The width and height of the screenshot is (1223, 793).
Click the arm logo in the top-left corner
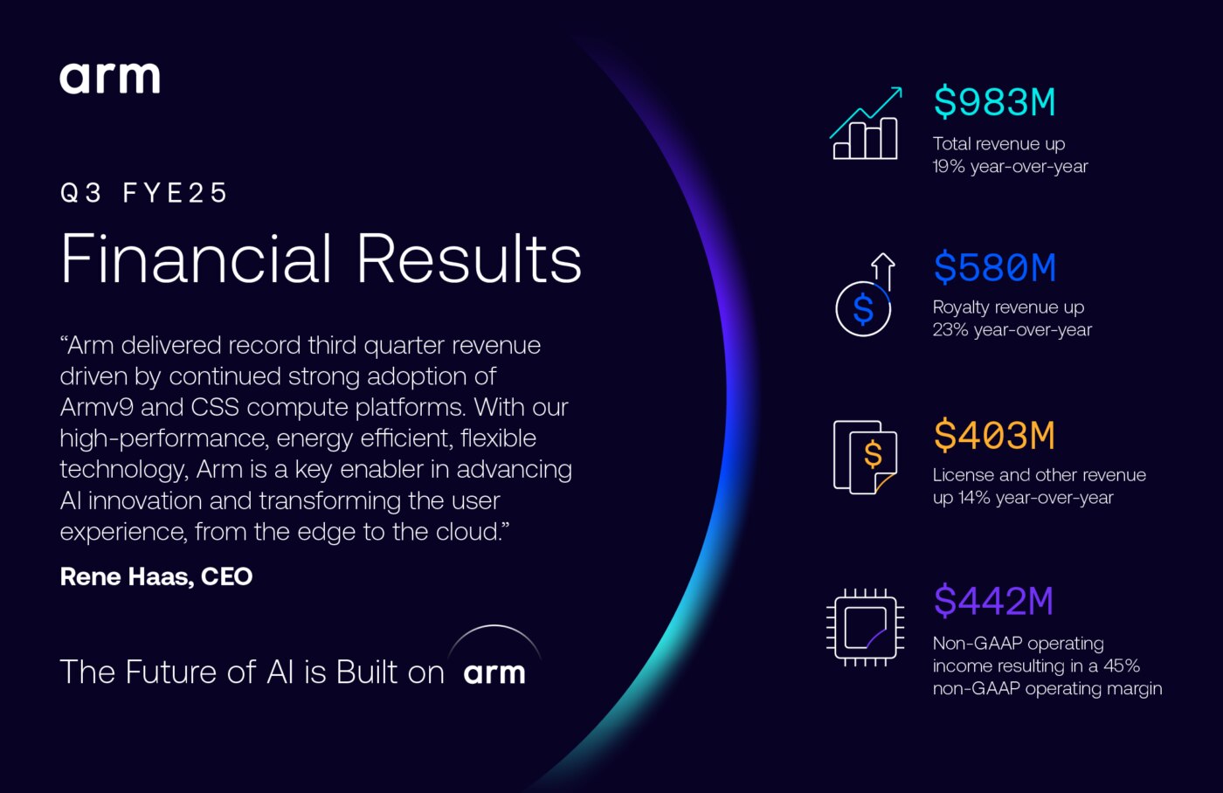coord(110,78)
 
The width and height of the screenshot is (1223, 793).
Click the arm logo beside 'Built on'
coord(494,672)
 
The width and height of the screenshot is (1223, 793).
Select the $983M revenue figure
coord(994,102)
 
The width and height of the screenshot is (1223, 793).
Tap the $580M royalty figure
coord(994,267)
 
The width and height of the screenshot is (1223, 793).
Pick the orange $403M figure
coord(994,435)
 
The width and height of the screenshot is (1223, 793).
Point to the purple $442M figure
coord(993,601)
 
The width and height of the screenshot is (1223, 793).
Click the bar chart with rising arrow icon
coord(866,124)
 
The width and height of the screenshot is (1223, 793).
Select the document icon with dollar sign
coord(866,457)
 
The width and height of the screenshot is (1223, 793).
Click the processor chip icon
coord(866,626)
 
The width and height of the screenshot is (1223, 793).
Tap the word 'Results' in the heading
coord(469,259)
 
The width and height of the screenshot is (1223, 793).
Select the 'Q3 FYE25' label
coord(144,193)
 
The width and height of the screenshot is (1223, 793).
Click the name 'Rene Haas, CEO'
coord(156,576)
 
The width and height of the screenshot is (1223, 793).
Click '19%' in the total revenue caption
coord(948,167)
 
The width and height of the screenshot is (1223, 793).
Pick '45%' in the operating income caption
coord(1122,665)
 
